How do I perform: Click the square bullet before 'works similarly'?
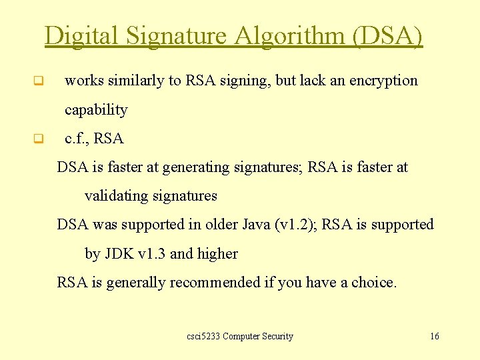[38, 82]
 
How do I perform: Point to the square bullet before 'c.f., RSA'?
[38, 139]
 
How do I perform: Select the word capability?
[96, 109]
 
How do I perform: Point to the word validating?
[117, 196]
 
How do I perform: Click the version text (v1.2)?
[296, 225]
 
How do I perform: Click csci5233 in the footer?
[203, 337]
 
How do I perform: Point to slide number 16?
[434, 337]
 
